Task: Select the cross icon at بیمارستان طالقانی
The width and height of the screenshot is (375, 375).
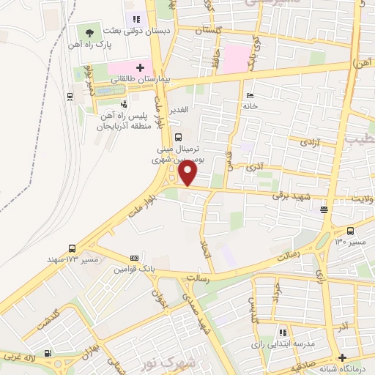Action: [140, 67]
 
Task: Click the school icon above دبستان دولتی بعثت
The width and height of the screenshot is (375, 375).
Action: [135, 18]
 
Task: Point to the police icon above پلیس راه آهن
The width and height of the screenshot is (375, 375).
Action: [124, 104]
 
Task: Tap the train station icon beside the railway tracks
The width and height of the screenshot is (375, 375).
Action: [69, 95]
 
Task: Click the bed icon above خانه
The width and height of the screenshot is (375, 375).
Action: [250, 95]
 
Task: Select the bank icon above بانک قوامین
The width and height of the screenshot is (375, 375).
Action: [134, 258]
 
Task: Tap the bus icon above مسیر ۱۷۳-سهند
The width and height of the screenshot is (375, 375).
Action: [72, 248]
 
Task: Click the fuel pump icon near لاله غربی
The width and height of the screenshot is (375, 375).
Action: [48, 354]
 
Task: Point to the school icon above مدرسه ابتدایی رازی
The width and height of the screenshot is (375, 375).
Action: [283, 333]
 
